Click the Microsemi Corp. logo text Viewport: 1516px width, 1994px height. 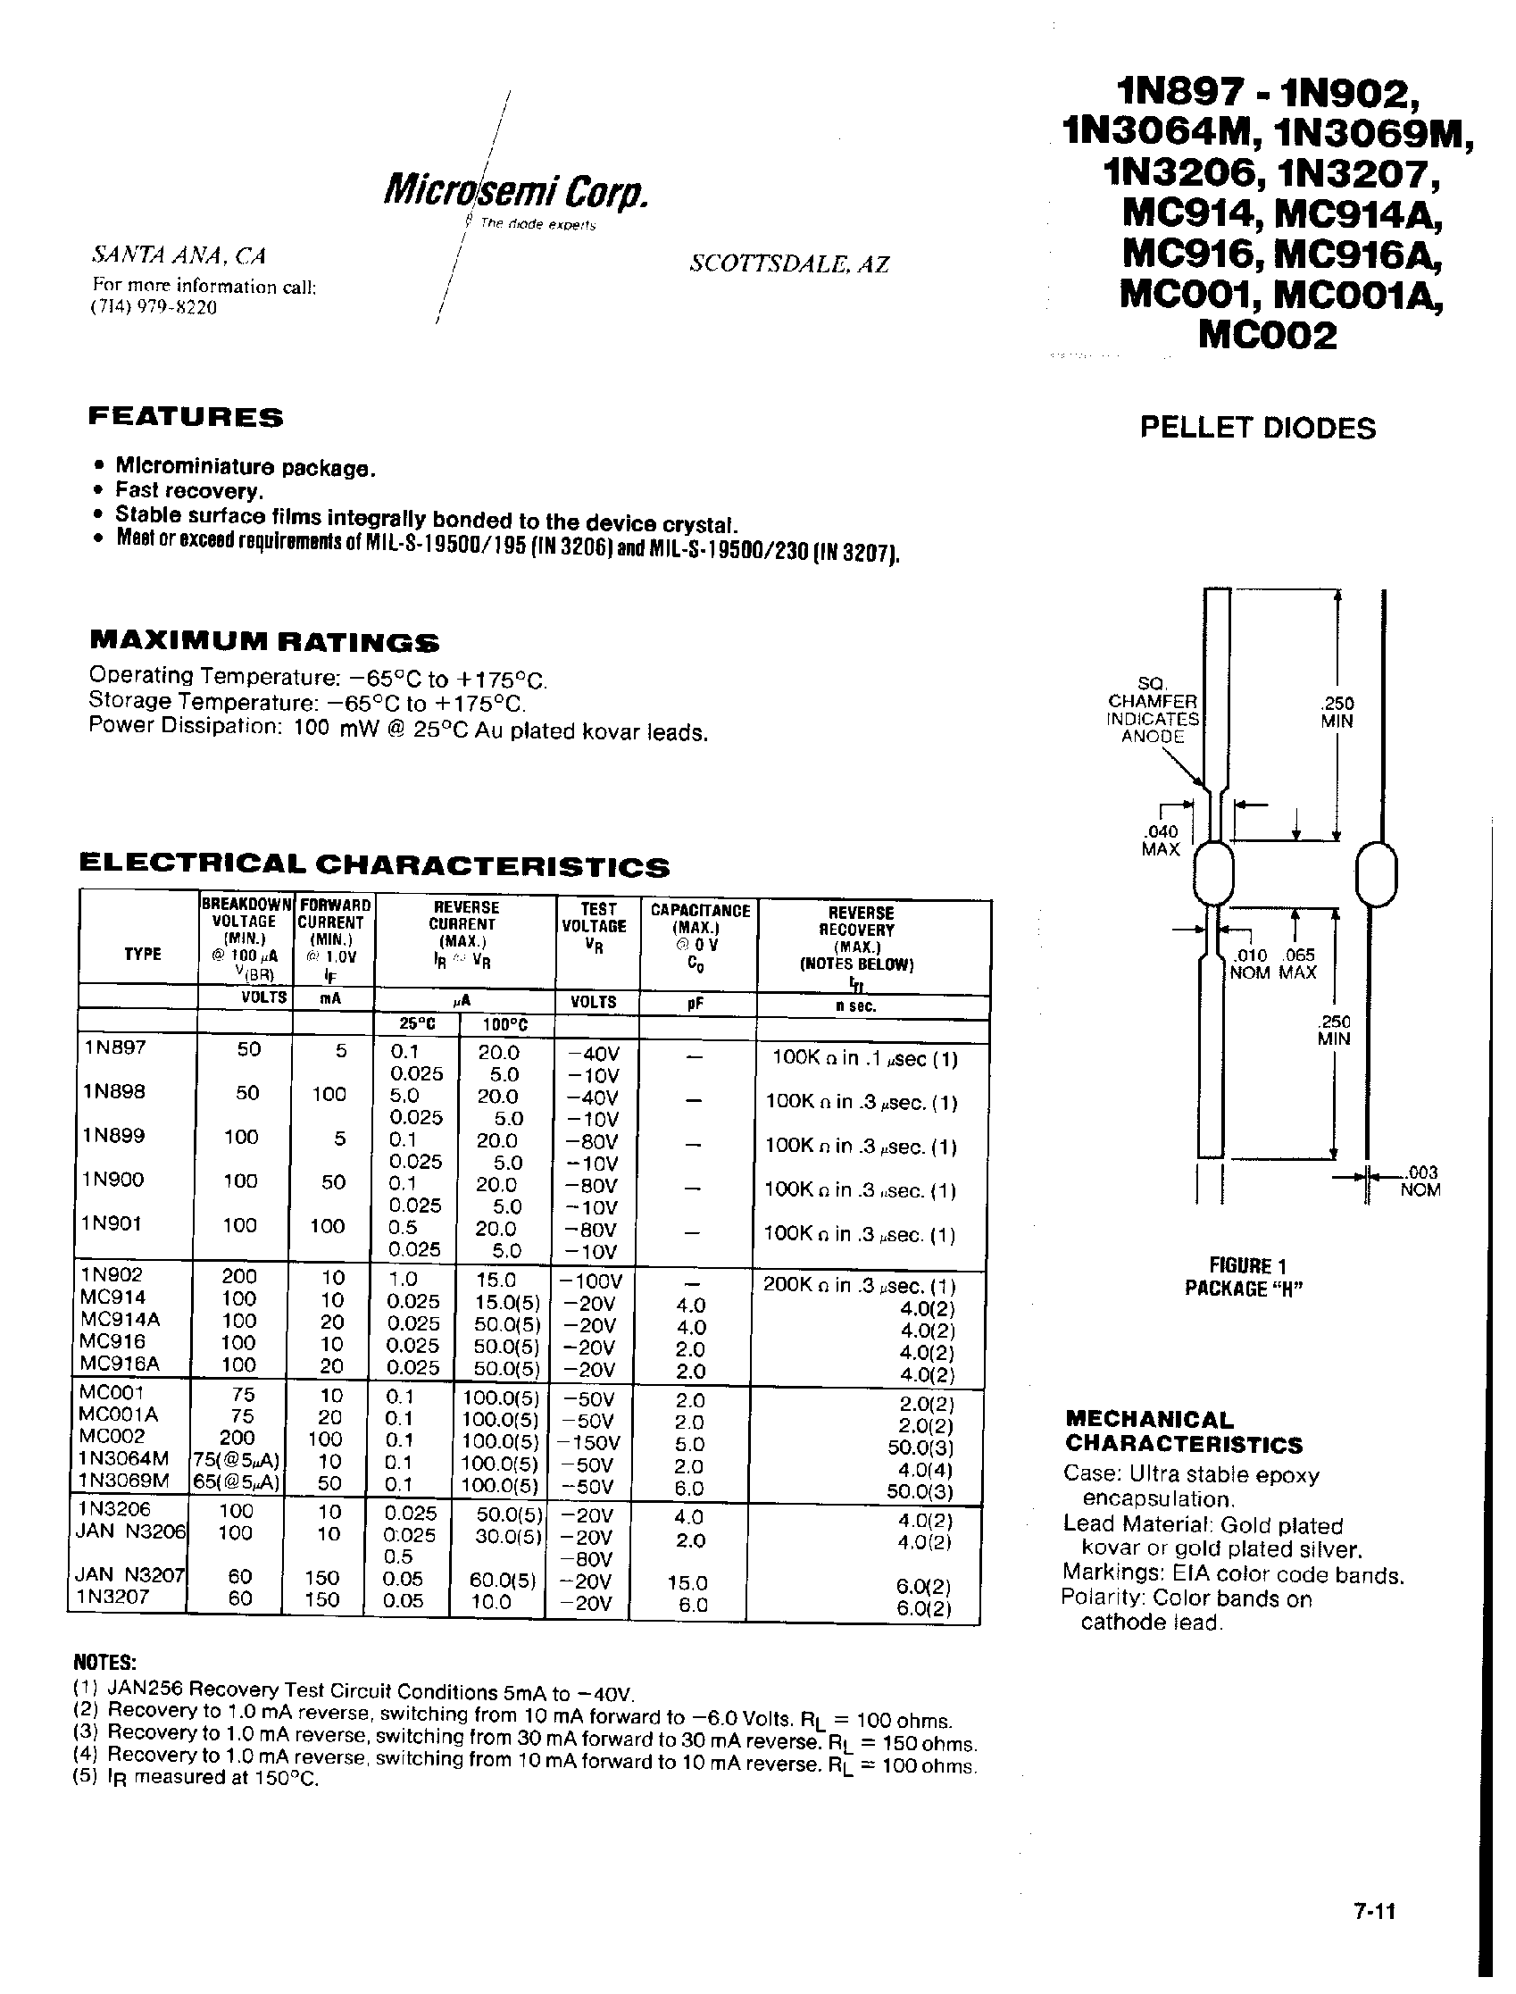pyautogui.click(x=516, y=190)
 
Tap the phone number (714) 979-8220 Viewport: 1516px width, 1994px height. pyautogui.click(x=154, y=307)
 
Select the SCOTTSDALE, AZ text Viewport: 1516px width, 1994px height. pyautogui.click(x=788, y=263)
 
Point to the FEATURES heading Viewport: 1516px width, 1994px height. pyautogui.click(x=186, y=417)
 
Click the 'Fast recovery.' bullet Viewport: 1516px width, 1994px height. pyautogui.click(x=188, y=491)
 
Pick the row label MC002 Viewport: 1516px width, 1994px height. pyautogui.click(x=112, y=1435)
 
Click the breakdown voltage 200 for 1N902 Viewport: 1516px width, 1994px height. pyautogui.click(x=239, y=1276)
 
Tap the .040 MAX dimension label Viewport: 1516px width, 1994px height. pyautogui.click(x=1161, y=840)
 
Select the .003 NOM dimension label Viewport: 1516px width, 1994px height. pyautogui.click(x=1420, y=1181)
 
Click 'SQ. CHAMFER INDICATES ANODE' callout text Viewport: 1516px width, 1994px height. pyautogui.click(x=1154, y=710)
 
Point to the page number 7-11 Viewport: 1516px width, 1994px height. pyautogui.click(x=1374, y=1910)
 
